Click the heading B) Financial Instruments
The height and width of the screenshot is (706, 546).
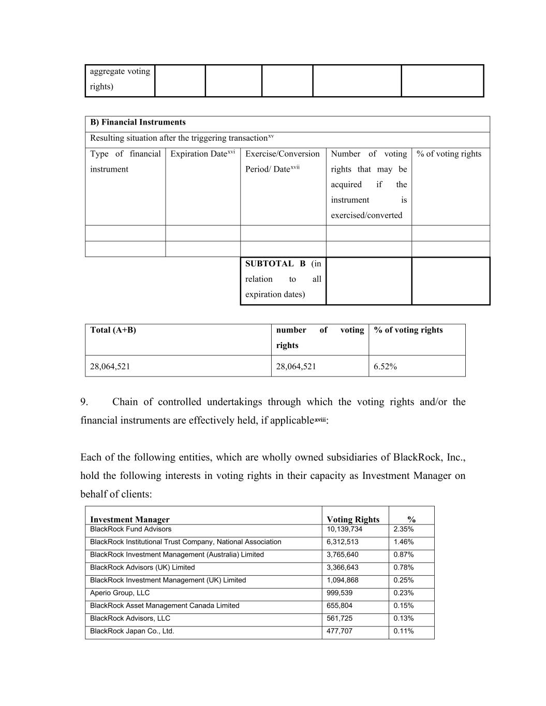[138, 123]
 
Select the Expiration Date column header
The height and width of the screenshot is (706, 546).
[202, 154]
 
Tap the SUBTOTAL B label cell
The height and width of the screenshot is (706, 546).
[283, 279]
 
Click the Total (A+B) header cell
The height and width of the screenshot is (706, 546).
[113, 330]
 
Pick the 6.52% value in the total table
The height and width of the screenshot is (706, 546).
[385, 367]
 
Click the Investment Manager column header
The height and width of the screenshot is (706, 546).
[129, 519]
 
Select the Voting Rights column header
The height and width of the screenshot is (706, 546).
[353, 519]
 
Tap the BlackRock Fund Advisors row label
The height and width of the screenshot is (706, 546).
[130, 529]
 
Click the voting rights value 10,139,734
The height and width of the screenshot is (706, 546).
[345, 529]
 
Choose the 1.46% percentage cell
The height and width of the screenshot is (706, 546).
[403, 542]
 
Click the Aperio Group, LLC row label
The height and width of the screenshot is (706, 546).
[120, 593]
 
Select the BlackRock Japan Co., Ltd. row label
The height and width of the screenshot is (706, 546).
[132, 631]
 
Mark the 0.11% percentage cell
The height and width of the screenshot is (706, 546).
[403, 631]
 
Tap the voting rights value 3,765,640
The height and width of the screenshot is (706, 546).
[343, 554]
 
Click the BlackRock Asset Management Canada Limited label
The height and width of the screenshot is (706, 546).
[165, 606]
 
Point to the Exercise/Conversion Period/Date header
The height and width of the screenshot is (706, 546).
[283, 161]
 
